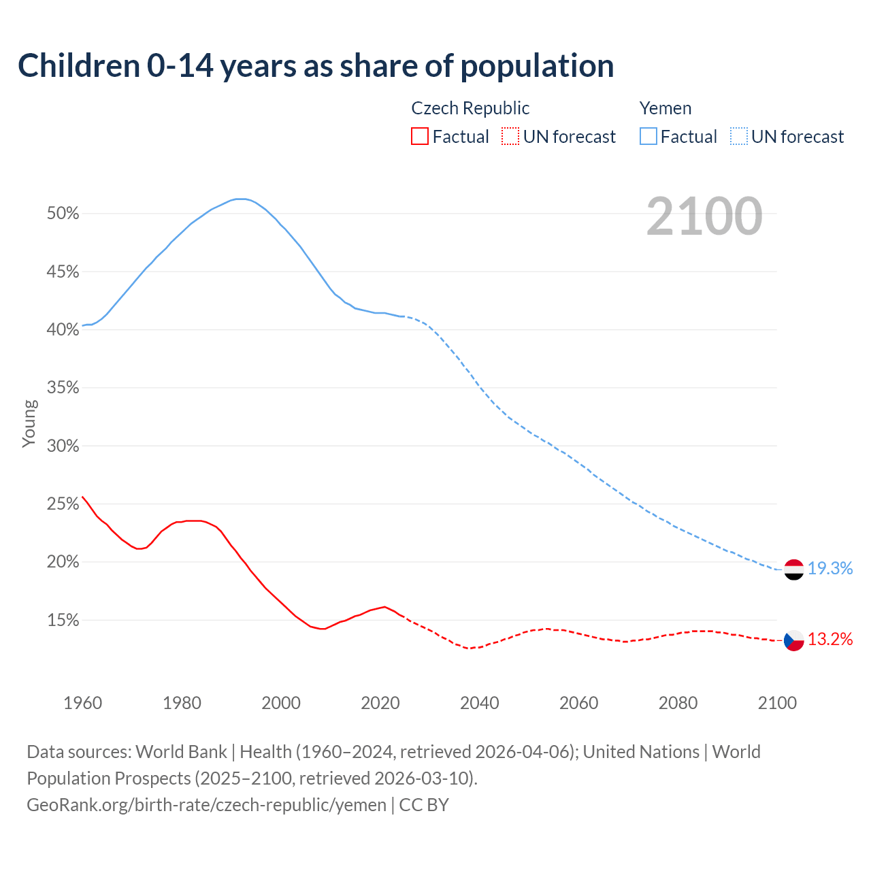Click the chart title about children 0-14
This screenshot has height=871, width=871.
[x=316, y=66]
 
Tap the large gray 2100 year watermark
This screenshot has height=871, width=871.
[x=704, y=216]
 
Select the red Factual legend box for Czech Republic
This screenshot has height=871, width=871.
[x=420, y=137]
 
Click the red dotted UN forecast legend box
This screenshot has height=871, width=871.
[x=510, y=137]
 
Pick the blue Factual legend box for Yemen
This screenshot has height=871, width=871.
[x=648, y=137]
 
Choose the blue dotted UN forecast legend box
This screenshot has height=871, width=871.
[x=738, y=137]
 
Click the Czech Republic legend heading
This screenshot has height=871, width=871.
[x=470, y=108]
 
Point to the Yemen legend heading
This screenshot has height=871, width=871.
[x=665, y=108]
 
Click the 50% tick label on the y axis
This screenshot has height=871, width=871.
[x=63, y=214]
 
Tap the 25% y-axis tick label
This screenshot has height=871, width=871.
[x=63, y=504]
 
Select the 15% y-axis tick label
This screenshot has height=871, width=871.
[x=63, y=621]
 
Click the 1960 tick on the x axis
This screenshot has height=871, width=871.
[x=82, y=703]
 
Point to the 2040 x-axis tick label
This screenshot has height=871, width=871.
[x=479, y=703]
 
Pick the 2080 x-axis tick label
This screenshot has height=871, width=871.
[x=678, y=703]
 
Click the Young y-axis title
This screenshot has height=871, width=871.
[x=29, y=423]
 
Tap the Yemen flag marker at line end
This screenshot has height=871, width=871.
[x=793, y=570]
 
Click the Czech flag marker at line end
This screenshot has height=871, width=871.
[x=793, y=640]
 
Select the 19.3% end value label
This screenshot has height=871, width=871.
[x=830, y=569]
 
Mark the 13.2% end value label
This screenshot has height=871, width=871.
[x=830, y=640]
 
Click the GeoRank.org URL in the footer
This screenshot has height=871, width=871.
[x=206, y=805]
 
